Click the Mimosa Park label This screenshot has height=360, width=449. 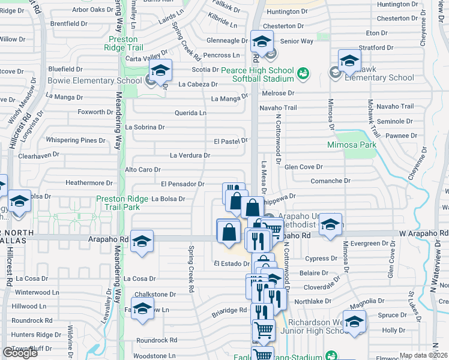click(351, 145)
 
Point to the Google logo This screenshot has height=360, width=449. click(20, 353)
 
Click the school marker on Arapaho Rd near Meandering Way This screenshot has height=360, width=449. click(142, 242)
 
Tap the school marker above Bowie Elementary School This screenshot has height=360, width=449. click(160, 72)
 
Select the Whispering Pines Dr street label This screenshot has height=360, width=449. click(71, 140)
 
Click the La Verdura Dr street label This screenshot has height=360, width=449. click(190, 155)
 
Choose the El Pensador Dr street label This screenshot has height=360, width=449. click(182, 184)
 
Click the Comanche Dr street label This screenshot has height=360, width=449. click(330, 181)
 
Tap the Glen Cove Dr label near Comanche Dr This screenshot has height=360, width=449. click(300, 167)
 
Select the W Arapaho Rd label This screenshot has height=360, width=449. click(423, 233)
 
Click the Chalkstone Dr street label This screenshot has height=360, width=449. click(155, 295)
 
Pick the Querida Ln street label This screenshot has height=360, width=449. click(190, 113)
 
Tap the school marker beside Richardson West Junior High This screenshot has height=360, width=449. click(354, 323)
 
